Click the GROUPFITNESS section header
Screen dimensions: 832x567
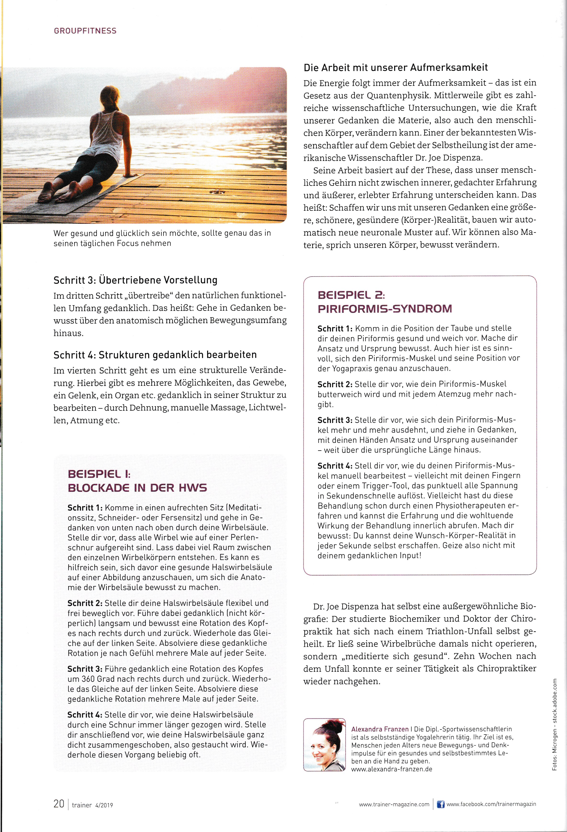point(85,31)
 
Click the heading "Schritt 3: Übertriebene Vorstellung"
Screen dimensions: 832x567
point(135,280)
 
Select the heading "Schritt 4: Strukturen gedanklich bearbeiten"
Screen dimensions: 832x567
point(155,355)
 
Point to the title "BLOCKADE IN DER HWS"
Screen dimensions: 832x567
point(137,488)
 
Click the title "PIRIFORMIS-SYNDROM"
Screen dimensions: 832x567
point(385,309)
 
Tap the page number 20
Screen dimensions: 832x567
point(59,804)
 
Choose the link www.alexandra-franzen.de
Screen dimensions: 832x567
point(391,769)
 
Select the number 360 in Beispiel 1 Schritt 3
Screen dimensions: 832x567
point(88,679)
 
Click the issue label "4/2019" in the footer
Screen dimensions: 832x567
point(104,805)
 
